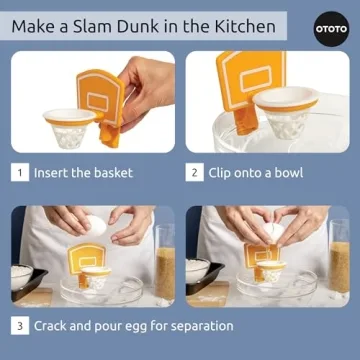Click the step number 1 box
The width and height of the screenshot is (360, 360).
[x=19, y=172]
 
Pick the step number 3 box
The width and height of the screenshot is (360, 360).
[x=19, y=326]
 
